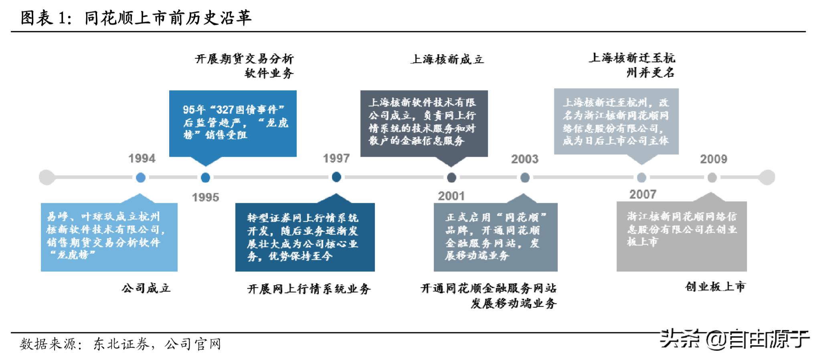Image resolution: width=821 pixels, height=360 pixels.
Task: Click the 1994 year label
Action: tap(142, 158)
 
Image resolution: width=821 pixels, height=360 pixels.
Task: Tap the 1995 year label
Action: tap(205, 197)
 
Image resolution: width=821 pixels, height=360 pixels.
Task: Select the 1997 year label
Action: tap(336, 158)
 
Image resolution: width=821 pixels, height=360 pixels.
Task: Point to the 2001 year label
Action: tap(451, 196)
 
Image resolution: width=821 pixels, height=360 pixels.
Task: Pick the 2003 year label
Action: tap(524, 159)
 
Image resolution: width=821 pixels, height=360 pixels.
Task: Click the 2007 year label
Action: tap(643, 194)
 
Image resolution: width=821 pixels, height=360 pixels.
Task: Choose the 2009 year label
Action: tap(713, 159)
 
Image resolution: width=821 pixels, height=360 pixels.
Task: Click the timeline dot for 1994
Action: tap(141, 178)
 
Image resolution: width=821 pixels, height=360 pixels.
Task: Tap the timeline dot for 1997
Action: tap(336, 177)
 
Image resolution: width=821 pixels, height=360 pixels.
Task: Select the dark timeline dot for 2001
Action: tap(451, 178)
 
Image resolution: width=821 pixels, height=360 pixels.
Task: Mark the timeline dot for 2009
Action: tap(712, 178)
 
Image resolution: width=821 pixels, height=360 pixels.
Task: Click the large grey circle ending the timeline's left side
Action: tap(47, 177)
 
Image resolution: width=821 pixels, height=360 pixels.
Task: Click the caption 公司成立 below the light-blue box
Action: tap(146, 288)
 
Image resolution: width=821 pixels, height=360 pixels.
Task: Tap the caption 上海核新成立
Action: tap(447, 60)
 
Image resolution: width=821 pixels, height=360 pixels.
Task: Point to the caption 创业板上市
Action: tap(715, 287)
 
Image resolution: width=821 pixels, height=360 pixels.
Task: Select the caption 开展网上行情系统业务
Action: tap(309, 289)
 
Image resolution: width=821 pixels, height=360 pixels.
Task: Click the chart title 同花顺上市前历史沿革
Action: tap(168, 18)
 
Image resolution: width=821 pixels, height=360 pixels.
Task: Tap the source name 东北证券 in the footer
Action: tap(121, 344)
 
